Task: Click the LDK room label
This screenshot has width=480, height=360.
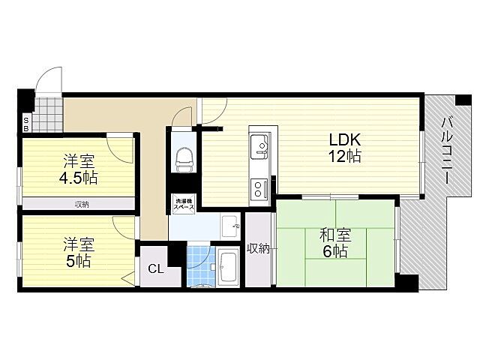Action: [344, 139]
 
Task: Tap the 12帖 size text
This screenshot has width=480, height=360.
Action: [344, 157]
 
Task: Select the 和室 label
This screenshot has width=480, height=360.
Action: [336, 235]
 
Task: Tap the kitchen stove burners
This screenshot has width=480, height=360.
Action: [258, 187]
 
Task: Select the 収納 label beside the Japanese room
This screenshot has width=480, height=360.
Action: [258, 248]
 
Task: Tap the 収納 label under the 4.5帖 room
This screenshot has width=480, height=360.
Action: [81, 204]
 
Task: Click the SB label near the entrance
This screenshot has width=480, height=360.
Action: [25, 123]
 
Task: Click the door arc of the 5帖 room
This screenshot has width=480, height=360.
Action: [122, 225]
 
